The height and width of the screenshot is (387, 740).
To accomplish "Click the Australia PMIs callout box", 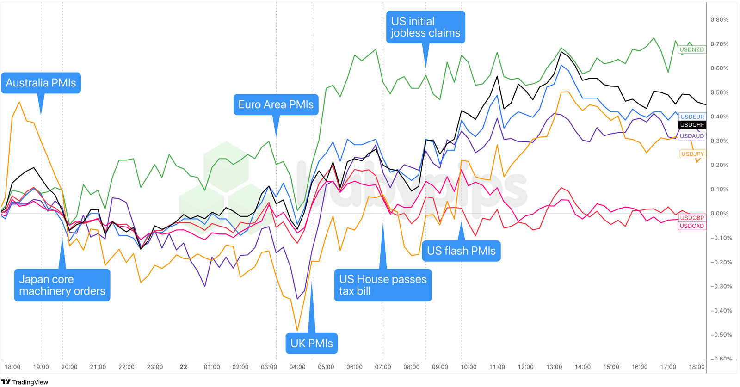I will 41,83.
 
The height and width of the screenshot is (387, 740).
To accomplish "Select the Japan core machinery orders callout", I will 62,285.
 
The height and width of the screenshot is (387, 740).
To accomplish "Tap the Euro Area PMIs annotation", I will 276,105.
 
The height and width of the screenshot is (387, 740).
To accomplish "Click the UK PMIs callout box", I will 311,344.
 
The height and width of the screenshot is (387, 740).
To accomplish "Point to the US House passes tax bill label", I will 382,285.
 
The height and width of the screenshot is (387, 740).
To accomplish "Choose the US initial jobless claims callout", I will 425,27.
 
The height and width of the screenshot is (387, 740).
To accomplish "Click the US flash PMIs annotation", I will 461,251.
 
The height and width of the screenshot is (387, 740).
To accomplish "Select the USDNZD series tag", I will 691,49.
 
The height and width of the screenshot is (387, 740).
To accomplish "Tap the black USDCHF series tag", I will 692,125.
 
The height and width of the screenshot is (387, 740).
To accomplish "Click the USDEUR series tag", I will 692,117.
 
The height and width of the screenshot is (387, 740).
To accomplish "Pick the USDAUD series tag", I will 692,136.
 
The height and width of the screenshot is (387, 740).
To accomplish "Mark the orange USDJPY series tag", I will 692,154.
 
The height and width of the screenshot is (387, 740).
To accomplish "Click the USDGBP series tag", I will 692,218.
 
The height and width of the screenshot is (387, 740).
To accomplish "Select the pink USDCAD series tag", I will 692,226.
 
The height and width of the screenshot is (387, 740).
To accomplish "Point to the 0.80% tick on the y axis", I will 719,20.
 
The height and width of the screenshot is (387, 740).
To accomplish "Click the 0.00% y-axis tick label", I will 719,214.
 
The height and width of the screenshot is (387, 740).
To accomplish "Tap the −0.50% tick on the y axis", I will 719,335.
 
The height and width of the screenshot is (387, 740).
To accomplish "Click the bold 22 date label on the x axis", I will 183,367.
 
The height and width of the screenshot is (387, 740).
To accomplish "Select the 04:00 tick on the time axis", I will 297,367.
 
